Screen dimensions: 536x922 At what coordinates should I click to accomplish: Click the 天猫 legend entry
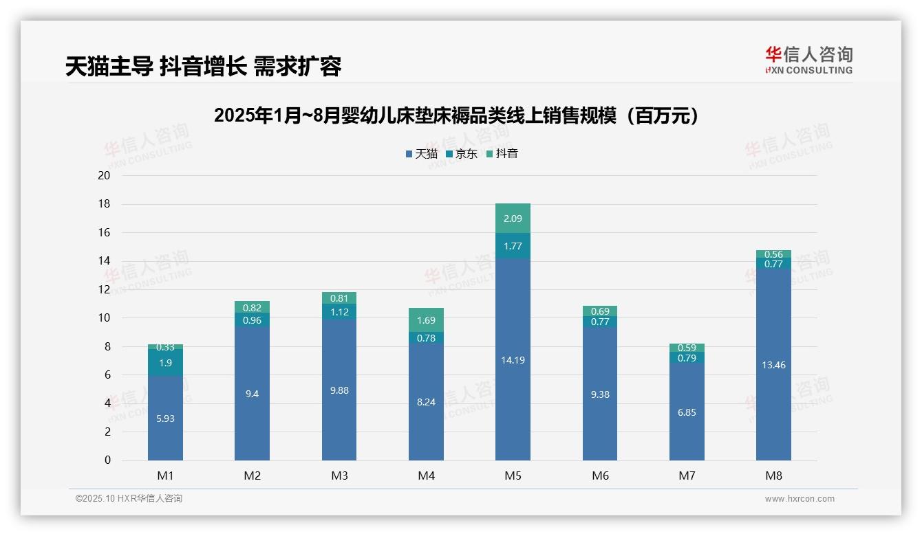[421, 154]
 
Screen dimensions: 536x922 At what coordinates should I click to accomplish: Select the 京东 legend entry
[462, 154]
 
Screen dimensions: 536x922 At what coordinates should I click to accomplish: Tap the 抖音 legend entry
[502, 154]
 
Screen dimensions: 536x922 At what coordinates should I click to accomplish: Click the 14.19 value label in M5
[513, 360]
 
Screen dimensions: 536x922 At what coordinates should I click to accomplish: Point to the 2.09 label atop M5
[513, 219]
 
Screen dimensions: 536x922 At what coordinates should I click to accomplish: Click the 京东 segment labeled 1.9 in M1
[165, 363]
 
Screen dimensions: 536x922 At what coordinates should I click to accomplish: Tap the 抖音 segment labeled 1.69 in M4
[426, 320]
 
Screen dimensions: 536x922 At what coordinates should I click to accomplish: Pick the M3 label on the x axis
[339, 476]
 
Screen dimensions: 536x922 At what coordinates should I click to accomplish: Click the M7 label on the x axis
[687, 476]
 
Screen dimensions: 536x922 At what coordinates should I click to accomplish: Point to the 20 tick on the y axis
[104, 175]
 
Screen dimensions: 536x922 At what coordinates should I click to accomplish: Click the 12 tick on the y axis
[104, 289]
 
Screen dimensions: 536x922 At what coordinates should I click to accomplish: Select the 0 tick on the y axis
[107, 460]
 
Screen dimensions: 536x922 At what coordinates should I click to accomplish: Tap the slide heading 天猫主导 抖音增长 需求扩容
[203, 66]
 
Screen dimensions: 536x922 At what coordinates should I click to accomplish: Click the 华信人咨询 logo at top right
[808, 60]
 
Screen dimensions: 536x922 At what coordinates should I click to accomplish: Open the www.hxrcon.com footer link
[800, 499]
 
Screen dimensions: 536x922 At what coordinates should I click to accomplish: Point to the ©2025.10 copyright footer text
[129, 499]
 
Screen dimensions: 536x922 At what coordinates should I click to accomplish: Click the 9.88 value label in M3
[339, 390]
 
